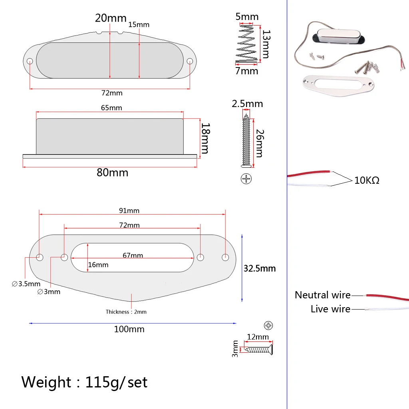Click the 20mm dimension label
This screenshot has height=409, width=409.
click(111, 18)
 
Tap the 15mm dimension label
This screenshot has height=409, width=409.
click(139, 24)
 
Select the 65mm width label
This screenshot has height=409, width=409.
click(111, 108)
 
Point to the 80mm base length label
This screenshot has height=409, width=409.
click(112, 173)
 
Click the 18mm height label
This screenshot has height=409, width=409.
click(205, 139)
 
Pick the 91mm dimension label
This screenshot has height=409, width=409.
click(129, 210)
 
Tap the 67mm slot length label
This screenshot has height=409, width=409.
click(133, 255)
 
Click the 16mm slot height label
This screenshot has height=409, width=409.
click(98, 265)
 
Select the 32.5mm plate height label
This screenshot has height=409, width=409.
click(260, 268)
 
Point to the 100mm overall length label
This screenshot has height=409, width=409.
click(129, 329)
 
